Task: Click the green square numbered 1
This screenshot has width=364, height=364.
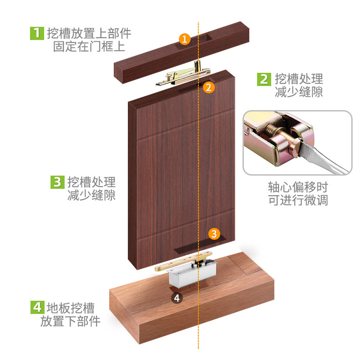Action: pyautogui.click(x=36, y=33)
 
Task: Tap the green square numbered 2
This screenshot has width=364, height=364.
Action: pyautogui.click(x=263, y=79)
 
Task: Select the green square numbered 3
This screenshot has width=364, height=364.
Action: pyautogui.click(x=56, y=182)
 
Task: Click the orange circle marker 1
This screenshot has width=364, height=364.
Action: pyautogui.click(x=184, y=39)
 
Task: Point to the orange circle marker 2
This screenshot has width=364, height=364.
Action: pyautogui.click(x=208, y=87)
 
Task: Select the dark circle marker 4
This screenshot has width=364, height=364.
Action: pyautogui.click(x=177, y=298)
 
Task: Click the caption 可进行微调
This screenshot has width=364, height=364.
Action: pyautogui.click(x=298, y=200)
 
